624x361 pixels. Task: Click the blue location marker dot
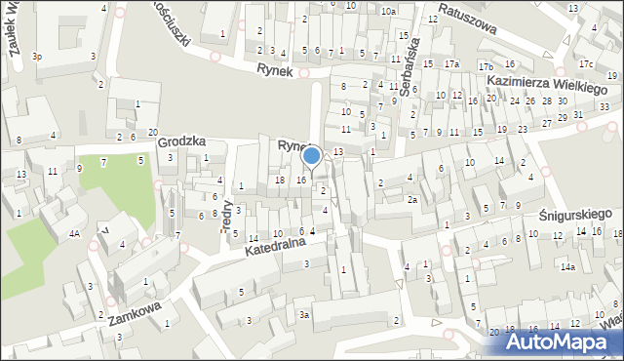pyautogui.click(x=311, y=155)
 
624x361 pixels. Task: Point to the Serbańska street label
pyautogui.click(x=409, y=69)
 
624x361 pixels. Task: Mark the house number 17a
pyautogui.click(x=451, y=64)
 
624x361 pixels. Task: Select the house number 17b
pyautogui.click(x=486, y=65)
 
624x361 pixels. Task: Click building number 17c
pyautogui.click(x=585, y=64)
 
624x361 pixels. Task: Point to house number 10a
pyautogui.click(x=388, y=11)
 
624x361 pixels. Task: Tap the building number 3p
pyautogui.click(x=37, y=57)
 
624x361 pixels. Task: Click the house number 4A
pyautogui.click(x=74, y=234)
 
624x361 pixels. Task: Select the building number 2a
pyautogui.click(x=412, y=200)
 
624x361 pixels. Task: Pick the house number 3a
pyautogui.click(x=304, y=314)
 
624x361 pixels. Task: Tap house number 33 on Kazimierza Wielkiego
pyautogui.click(x=604, y=106)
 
